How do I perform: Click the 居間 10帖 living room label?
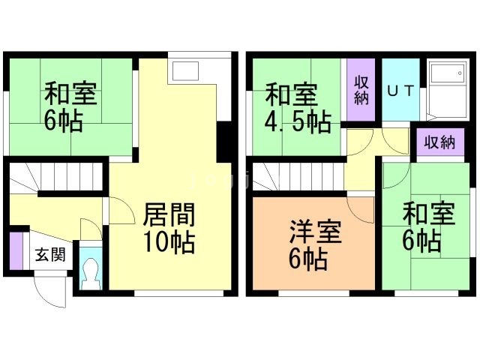point(169,228)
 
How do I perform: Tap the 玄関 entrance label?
point(50,255)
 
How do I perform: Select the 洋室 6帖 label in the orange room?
point(315,245)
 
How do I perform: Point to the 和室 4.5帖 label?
point(298,108)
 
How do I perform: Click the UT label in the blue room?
point(400,91)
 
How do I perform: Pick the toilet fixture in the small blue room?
point(91,273)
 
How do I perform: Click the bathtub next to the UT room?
point(448,91)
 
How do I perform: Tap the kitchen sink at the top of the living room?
point(185,71)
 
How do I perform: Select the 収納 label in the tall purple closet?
point(361,90)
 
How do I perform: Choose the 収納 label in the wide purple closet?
point(439,142)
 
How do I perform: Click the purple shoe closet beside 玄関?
point(16,251)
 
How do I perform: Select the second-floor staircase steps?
point(298,176)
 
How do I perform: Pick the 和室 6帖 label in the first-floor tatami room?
point(70,106)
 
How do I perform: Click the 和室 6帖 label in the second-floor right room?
point(428,227)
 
